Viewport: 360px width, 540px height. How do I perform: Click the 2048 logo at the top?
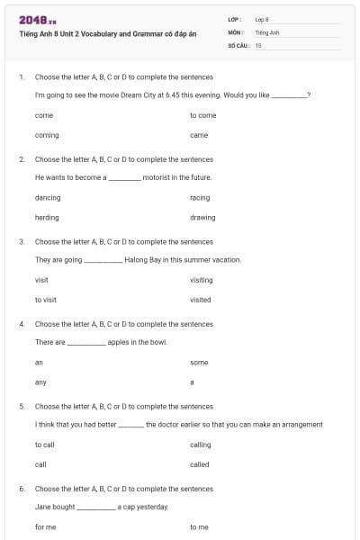click(37, 19)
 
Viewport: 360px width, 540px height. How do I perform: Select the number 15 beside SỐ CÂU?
click(258, 45)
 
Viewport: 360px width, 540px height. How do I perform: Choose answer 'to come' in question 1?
click(202, 115)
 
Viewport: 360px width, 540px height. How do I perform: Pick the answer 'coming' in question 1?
click(47, 135)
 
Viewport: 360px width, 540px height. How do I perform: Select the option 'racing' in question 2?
click(200, 197)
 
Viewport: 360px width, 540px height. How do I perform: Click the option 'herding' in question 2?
click(47, 217)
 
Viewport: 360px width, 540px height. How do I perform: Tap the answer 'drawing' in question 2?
click(202, 217)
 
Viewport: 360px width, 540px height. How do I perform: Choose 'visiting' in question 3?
click(202, 280)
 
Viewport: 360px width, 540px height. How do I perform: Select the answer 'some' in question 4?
click(199, 362)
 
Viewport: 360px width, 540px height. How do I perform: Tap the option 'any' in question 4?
click(40, 382)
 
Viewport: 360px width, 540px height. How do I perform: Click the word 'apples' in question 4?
click(118, 342)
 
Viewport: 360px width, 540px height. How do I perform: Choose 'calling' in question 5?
click(201, 445)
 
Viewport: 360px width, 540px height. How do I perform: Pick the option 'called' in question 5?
click(200, 464)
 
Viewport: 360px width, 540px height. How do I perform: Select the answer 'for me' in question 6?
click(45, 526)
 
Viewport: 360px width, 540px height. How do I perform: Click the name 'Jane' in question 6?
click(43, 507)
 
